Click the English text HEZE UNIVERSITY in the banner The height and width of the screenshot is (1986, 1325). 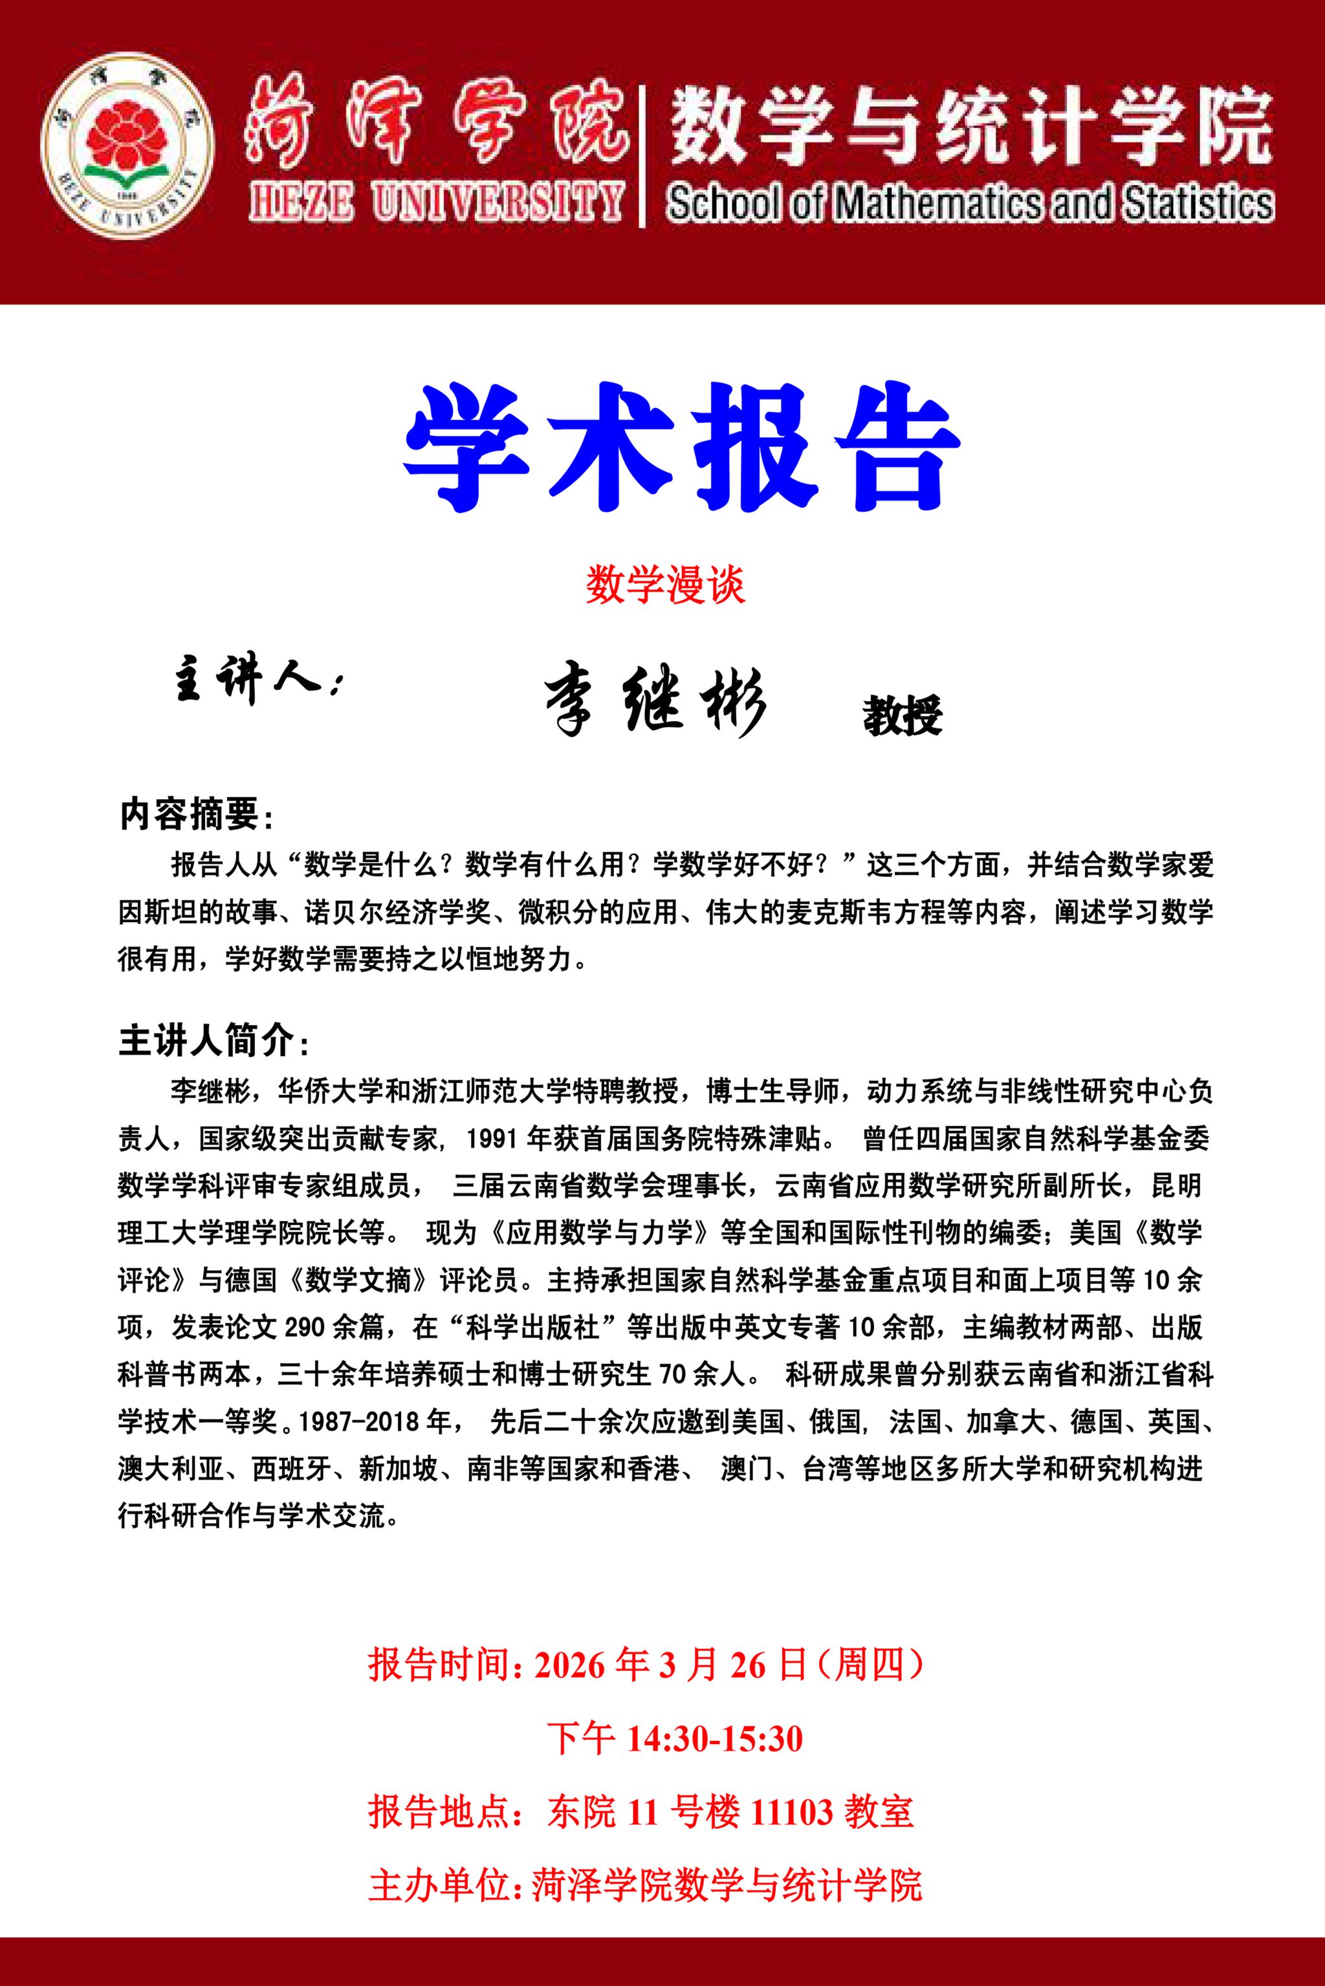pyautogui.click(x=436, y=203)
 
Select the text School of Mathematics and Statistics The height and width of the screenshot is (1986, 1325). pyautogui.click(x=969, y=204)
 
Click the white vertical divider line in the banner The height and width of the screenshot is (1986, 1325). pyautogui.click(x=645, y=157)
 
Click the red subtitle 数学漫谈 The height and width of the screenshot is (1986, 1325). pyautogui.click(x=665, y=585)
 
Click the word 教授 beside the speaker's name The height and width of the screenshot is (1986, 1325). pyautogui.click(x=902, y=717)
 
